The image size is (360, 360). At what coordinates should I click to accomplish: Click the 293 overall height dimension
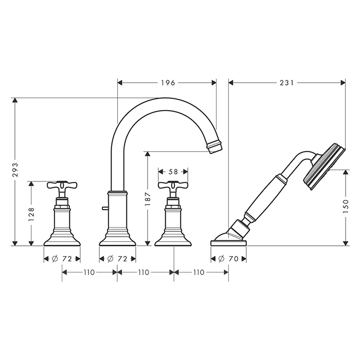coord(15,170)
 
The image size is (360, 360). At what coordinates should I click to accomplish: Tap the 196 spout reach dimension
coord(168,83)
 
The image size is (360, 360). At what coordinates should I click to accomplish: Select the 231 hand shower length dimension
coord(287,83)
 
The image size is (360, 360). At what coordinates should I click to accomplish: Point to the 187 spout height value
coord(148,199)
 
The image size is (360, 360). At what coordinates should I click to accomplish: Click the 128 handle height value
coord(31,214)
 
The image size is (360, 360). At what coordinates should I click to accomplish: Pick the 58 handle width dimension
coord(173,171)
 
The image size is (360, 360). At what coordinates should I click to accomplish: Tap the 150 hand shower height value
coord(346,206)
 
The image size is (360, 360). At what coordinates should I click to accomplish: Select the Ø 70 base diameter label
coord(228,259)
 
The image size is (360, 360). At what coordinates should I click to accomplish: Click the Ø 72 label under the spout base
coord(117,259)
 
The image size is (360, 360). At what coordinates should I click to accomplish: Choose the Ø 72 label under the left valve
coord(62,259)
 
